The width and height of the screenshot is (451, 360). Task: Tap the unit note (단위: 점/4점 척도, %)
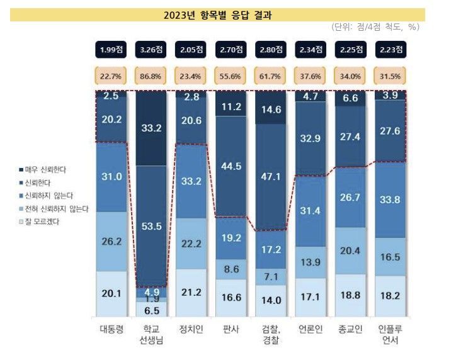375,27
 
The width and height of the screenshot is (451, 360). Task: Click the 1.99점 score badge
111,49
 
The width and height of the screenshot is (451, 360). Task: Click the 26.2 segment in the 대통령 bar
111,240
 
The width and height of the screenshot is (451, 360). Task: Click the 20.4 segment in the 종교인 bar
351,250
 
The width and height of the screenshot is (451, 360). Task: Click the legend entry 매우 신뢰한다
50,170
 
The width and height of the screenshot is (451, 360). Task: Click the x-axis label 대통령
111,330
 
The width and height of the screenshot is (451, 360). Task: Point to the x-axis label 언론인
311,330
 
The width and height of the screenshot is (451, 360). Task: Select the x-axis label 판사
231,330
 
